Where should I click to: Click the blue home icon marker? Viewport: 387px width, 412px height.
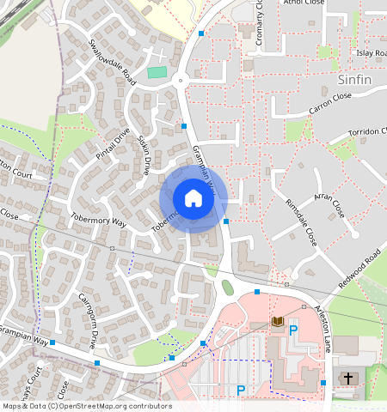pyautogui.click(x=193, y=199)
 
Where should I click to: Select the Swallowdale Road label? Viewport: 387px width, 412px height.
pyautogui.click(x=112, y=61)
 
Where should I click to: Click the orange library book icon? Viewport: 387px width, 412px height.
pyautogui.click(x=277, y=322)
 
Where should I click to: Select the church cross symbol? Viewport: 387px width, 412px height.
pyautogui.click(x=348, y=378)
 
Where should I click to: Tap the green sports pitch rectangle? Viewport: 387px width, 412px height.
pyautogui.click(x=156, y=72)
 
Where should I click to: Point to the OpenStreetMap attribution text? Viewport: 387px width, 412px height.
pyautogui.click(x=86, y=406)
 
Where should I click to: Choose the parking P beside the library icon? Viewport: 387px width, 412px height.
pyautogui.click(x=292, y=330)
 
